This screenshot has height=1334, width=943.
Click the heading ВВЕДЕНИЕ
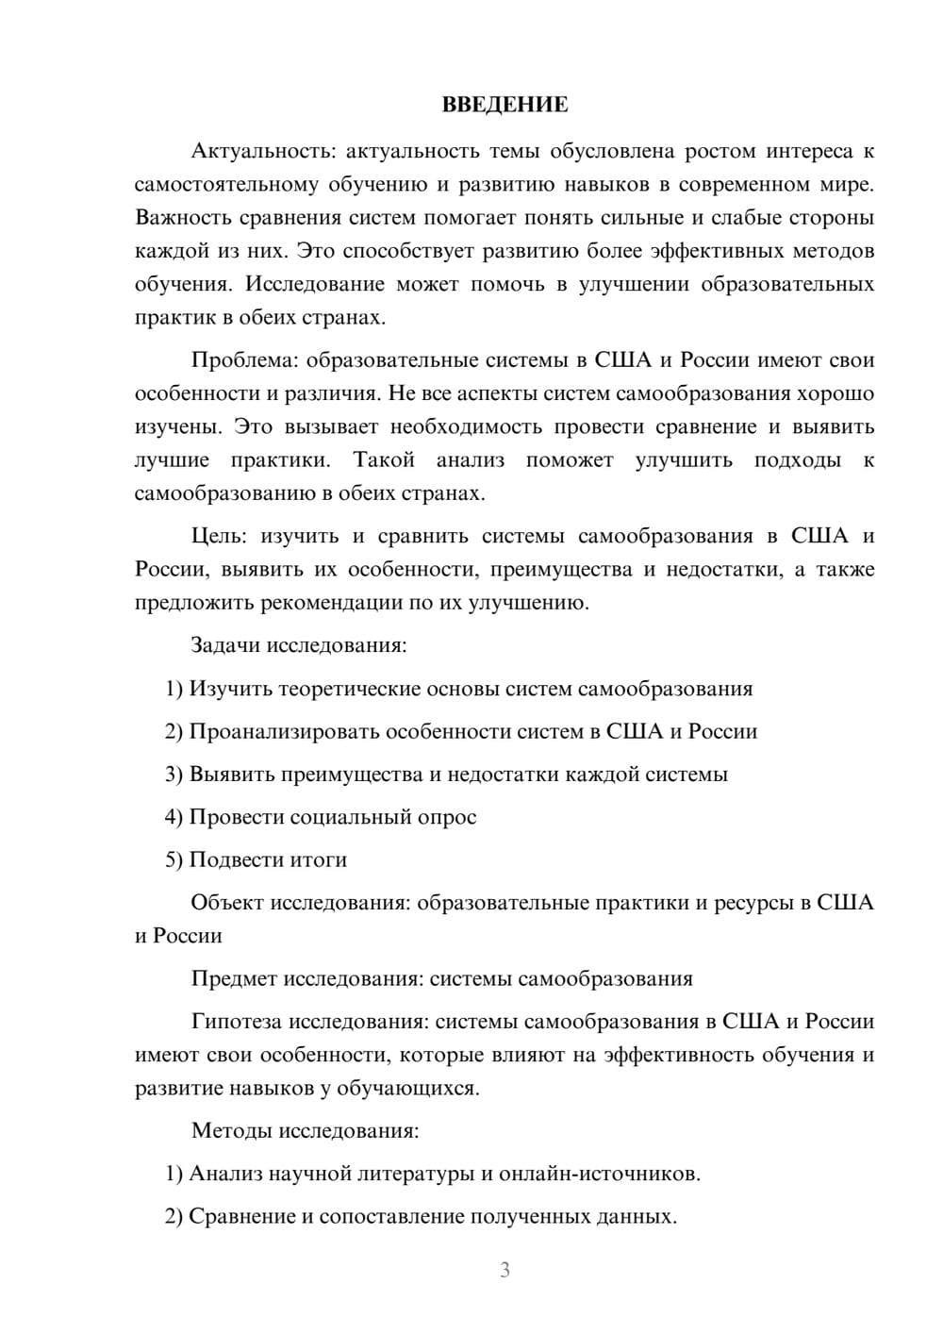(x=505, y=105)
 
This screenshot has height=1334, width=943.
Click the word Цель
(x=218, y=537)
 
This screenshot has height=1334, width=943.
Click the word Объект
(x=227, y=903)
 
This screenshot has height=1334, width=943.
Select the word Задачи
(x=225, y=646)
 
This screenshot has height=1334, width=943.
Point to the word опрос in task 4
(x=445, y=817)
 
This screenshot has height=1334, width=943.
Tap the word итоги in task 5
(x=316, y=860)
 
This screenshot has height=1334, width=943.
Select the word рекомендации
(x=323, y=603)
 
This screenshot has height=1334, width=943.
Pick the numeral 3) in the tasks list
(x=174, y=775)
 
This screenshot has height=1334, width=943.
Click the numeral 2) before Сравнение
(x=174, y=1217)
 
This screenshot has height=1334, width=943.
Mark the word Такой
(x=384, y=460)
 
